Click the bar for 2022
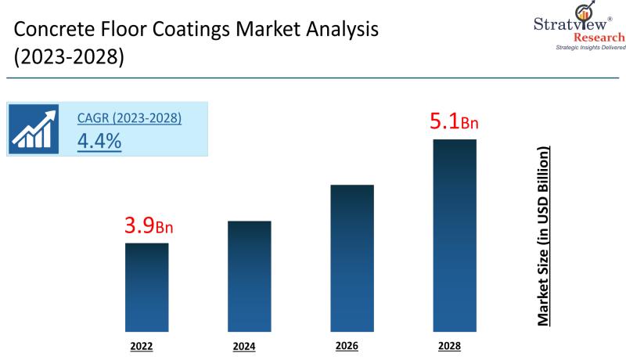[147, 286]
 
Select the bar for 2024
[250, 275]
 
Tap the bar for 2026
[352, 257]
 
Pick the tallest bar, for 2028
[455, 235]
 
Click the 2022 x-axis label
[147, 344]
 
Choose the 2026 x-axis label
[351, 344]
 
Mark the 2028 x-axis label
[455, 344]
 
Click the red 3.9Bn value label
[149, 226]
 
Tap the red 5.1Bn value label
[454, 122]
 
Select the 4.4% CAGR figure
[99, 142]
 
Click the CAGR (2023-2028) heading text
[129, 118]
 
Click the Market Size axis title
[543, 235]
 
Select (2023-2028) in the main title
[69, 58]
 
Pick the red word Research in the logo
[599, 38]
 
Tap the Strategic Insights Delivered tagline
[591, 48]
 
